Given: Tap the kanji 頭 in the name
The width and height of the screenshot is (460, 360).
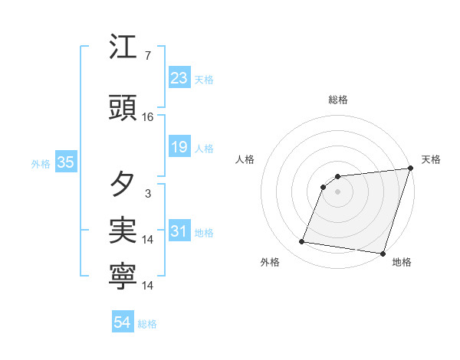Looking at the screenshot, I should [123, 108].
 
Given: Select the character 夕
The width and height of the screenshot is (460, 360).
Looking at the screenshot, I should [123, 184].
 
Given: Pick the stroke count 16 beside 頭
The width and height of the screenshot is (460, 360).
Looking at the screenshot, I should [148, 117].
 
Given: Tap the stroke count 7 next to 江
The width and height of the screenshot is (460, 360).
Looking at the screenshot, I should [148, 56].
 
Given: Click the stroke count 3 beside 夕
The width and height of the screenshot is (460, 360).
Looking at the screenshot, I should [148, 193].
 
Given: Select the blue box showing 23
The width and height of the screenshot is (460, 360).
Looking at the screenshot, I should [179, 77].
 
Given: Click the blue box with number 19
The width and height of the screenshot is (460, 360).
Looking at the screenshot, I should [179, 147].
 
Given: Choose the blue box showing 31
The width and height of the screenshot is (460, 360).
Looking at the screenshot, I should [179, 231].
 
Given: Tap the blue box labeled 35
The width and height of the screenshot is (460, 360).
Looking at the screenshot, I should [66, 162].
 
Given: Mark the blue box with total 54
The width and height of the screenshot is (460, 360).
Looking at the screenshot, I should [123, 323].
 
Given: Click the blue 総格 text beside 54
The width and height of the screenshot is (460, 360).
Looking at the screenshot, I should [148, 324].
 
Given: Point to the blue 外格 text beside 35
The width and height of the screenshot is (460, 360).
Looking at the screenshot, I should [41, 163].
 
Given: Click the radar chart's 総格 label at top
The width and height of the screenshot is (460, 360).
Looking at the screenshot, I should [338, 100].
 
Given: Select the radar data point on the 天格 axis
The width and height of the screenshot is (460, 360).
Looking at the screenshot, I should [410, 169].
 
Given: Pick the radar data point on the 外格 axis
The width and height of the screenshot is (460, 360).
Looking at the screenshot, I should [302, 242].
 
